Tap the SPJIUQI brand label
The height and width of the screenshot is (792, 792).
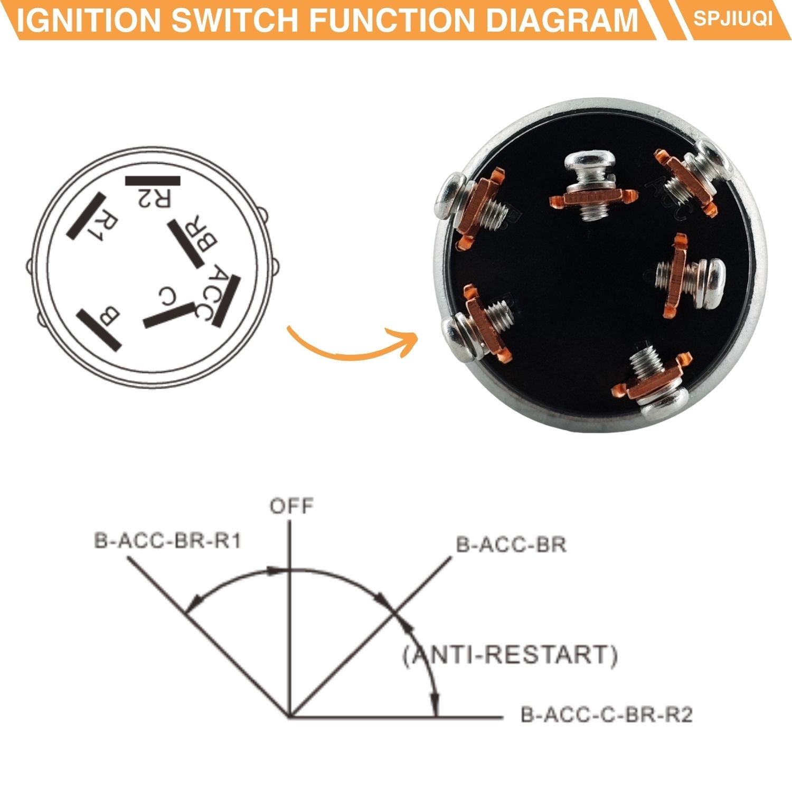(733, 18)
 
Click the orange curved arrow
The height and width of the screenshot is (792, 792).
(352, 344)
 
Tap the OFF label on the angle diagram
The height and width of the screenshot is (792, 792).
(291, 506)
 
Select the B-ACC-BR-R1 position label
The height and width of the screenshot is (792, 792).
(167, 541)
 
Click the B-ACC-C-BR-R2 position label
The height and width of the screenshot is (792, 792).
(606, 715)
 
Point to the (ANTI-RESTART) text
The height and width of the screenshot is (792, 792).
(510, 655)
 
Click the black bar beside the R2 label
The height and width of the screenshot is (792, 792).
(153, 181)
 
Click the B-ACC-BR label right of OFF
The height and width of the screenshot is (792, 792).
(511, 544)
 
